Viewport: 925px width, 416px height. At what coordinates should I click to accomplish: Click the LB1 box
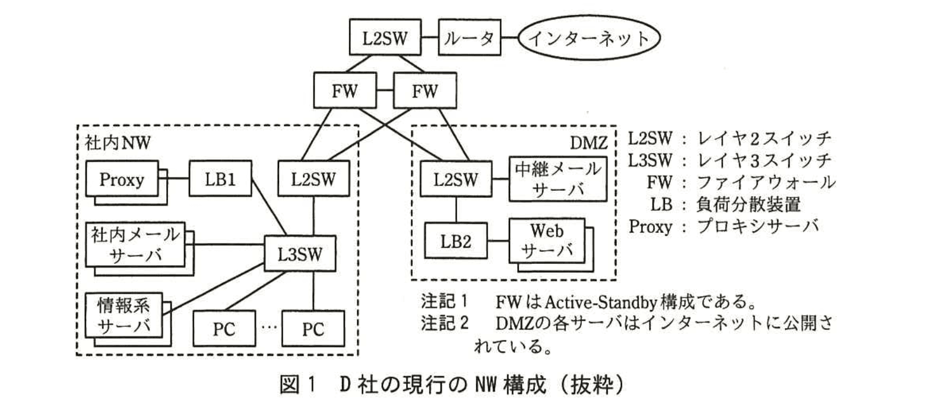[x=220, y=178]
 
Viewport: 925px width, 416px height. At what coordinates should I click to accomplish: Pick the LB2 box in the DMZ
[x=455, y=241]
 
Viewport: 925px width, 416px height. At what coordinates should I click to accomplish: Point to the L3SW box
[x=300, y=254]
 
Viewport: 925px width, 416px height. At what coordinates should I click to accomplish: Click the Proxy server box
[x=122, y=178]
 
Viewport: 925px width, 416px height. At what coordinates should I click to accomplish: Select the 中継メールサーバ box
[x=557, y=178]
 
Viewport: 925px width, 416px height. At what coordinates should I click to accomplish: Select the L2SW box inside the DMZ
[x=455, y=178]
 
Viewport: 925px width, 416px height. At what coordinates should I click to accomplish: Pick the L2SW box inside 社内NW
[x=313, y=178]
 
